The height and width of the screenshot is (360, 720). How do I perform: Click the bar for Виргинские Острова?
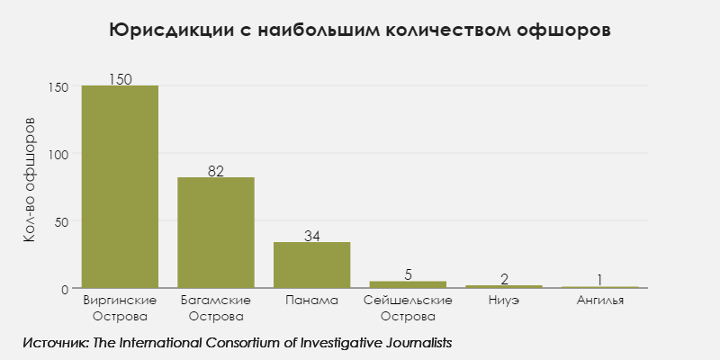coord(120,187)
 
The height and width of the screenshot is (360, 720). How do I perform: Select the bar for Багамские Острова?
coord(216,233)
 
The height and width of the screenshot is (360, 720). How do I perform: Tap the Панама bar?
coord(311,265)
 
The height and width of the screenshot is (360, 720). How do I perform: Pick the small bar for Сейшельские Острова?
coord(408,284)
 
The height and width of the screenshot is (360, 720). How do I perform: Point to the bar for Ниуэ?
coord(504,286)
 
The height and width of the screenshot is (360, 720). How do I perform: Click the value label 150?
coord(120,79)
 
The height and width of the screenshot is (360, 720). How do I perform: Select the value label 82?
coord(216,171)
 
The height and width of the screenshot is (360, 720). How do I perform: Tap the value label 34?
coord(311,236)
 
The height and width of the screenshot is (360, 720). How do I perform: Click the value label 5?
coord(408,274)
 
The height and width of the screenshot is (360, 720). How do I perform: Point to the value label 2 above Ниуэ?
coord(504,279)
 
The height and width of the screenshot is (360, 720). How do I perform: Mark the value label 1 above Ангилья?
coord(599,280)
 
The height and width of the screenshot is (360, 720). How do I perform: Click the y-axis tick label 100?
coord(58,154)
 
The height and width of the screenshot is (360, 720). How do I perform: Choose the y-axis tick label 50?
coord(61,221)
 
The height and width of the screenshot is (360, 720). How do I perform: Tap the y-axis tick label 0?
coord(65,289)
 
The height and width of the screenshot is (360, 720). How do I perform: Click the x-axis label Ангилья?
coord(599,300)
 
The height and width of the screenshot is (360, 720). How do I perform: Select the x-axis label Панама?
coord(311,300)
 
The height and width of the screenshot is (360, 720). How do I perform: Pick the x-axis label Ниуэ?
coord(504,300)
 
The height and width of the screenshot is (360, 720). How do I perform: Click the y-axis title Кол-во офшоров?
coord(30,180)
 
